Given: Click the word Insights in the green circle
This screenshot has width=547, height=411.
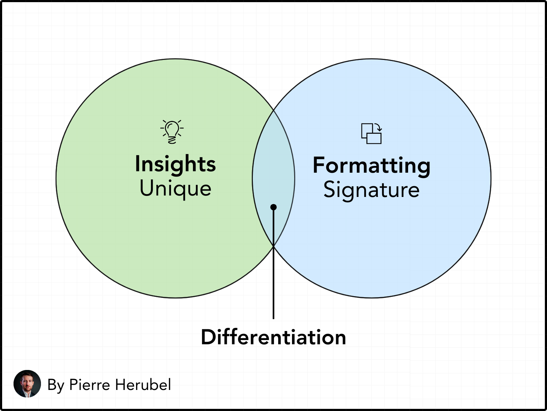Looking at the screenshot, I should [x=175, y=164].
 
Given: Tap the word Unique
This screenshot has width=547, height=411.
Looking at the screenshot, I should [x=175, y=189].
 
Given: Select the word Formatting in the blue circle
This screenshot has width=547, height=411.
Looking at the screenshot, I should [x=371, y=166].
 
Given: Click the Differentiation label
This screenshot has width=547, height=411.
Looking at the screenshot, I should [x=273, y=337].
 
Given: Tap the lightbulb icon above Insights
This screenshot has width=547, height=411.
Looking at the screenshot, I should [x=172, y=132].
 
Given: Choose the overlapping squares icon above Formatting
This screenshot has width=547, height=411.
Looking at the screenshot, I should [x=371, y=133].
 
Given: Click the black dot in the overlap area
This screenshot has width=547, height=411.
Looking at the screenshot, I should [x=273, y=207].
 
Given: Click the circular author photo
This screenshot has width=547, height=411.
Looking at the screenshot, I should [x=27, y=384].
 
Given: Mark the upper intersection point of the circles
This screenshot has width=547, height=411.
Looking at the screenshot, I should [x=273, y=110].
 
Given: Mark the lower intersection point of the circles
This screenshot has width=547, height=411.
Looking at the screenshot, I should [x=273, y=246].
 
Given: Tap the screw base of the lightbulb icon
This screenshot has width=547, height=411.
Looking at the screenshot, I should [x=172, y=140].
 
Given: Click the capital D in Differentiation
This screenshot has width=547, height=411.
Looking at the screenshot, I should [x=208, y=337].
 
